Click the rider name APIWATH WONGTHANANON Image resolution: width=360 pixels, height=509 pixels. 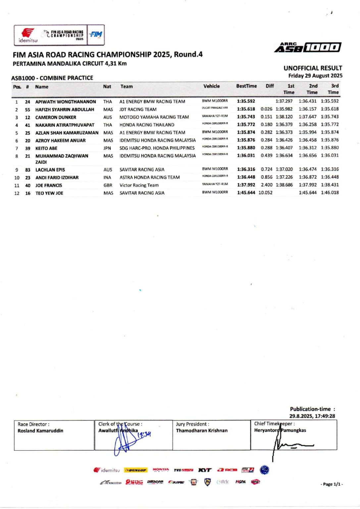click(x=66, y=102)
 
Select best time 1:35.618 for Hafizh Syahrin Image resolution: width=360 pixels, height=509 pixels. click(x=246, y=109)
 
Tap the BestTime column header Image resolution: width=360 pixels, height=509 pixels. click(x=246, y=86)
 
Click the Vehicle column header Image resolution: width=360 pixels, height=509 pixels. click(x=212, y=86)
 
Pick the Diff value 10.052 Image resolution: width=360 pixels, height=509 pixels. click(x=266, y=193)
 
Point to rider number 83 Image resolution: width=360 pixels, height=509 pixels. click(x=28, y=170)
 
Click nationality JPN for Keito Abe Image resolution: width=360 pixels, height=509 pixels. click(x=107, y=148)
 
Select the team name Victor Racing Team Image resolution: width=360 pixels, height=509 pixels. click(x=139, y=185)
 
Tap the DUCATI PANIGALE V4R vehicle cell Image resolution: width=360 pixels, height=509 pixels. click(x=215, y=108)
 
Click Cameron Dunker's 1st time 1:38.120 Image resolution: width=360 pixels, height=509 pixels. click(x=284, y=117)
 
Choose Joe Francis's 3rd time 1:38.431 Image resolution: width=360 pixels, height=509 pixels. click(x=330, y=185)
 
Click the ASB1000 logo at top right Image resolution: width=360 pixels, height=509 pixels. click(x=308, y=48)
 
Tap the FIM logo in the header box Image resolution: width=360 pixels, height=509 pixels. click(x=96, y=34)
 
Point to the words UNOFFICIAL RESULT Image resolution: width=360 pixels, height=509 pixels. click(x=313, y=68)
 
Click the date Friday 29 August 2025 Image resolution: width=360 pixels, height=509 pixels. click(x=315, y=76)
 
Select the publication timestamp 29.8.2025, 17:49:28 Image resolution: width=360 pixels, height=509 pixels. click(x=312, y=416)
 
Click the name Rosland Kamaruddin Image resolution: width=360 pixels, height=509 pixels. click(x=40, y=431)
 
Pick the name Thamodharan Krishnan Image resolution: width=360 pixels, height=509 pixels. click(x=202, y=430)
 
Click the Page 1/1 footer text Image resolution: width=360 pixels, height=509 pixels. click(x=332, y=484)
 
